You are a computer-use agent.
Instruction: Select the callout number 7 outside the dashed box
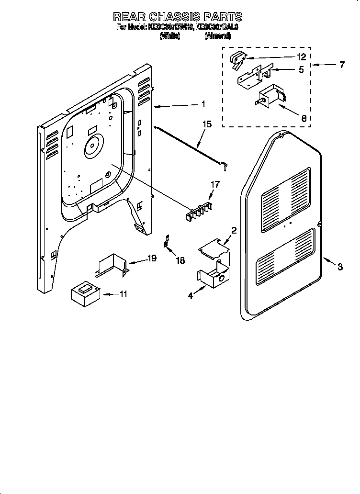(341, 65)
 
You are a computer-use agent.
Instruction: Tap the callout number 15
(207, 125)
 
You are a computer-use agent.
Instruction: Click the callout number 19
(152, 258)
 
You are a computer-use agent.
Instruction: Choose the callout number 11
(124, 294)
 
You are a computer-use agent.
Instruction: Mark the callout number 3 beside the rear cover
(339, 267)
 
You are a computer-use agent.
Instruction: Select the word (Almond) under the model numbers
(217, 36)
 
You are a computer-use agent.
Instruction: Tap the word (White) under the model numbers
(169, 36)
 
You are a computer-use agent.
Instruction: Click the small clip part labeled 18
(167, 241)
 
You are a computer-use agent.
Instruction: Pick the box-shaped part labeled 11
(85, 293)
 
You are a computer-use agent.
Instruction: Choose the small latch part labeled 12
(236, 59)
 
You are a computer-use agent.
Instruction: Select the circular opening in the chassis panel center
(93, 146)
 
